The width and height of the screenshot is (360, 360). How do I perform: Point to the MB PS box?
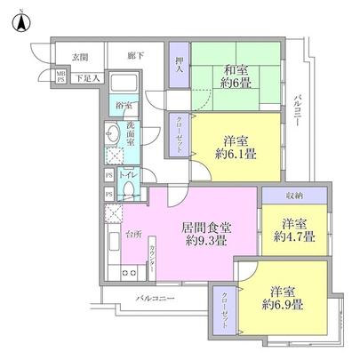pyautogui.click(x=61, y=76)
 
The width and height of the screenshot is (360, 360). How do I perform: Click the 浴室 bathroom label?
pyautogui.click(x=124, y=107)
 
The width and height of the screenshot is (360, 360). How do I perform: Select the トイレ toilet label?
pyautogui.click(x=126, y=175)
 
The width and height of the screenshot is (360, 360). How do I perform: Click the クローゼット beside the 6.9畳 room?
pyautogui.click(x=223, y=311)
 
